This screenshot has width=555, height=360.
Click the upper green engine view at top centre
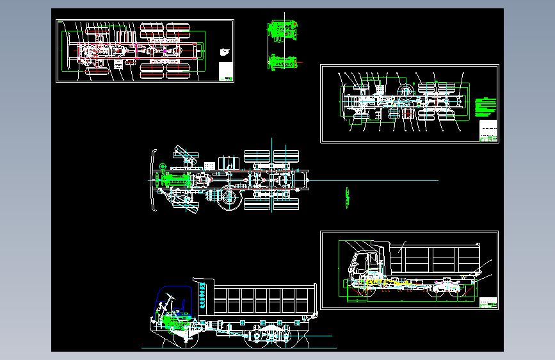coord(282,30)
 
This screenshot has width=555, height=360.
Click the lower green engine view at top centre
coord(283,61)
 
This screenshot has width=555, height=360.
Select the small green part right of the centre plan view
coord(348,197)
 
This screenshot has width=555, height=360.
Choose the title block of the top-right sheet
coord(488,131)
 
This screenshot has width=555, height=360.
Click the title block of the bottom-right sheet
coord(488,302)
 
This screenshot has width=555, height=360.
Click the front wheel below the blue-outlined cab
coord(173,340)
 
